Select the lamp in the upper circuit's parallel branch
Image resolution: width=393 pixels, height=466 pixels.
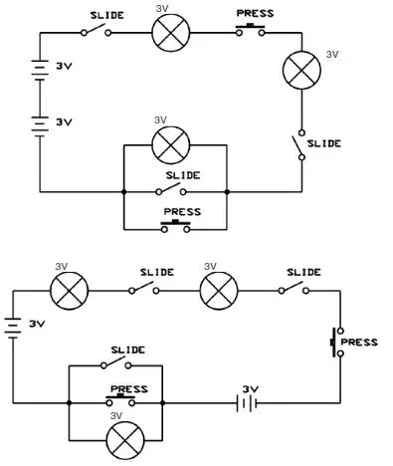[x=170, y=145]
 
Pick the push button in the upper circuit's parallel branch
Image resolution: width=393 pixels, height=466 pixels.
[x=175, y=226]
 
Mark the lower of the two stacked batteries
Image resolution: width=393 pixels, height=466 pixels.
[x=40, y=124]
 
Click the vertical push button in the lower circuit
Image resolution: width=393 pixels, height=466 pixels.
[x=336, y=343]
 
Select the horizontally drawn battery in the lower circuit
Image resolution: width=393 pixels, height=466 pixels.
[x=243, y=402]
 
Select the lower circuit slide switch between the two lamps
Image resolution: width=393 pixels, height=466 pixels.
[x=144, y=289]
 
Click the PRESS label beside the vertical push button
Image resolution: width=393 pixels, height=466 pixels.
[x=359, y=342]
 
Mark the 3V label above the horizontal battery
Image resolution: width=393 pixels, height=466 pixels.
[x=250, y=387]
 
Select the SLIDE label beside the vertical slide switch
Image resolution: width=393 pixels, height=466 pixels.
[x=324, y=143]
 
